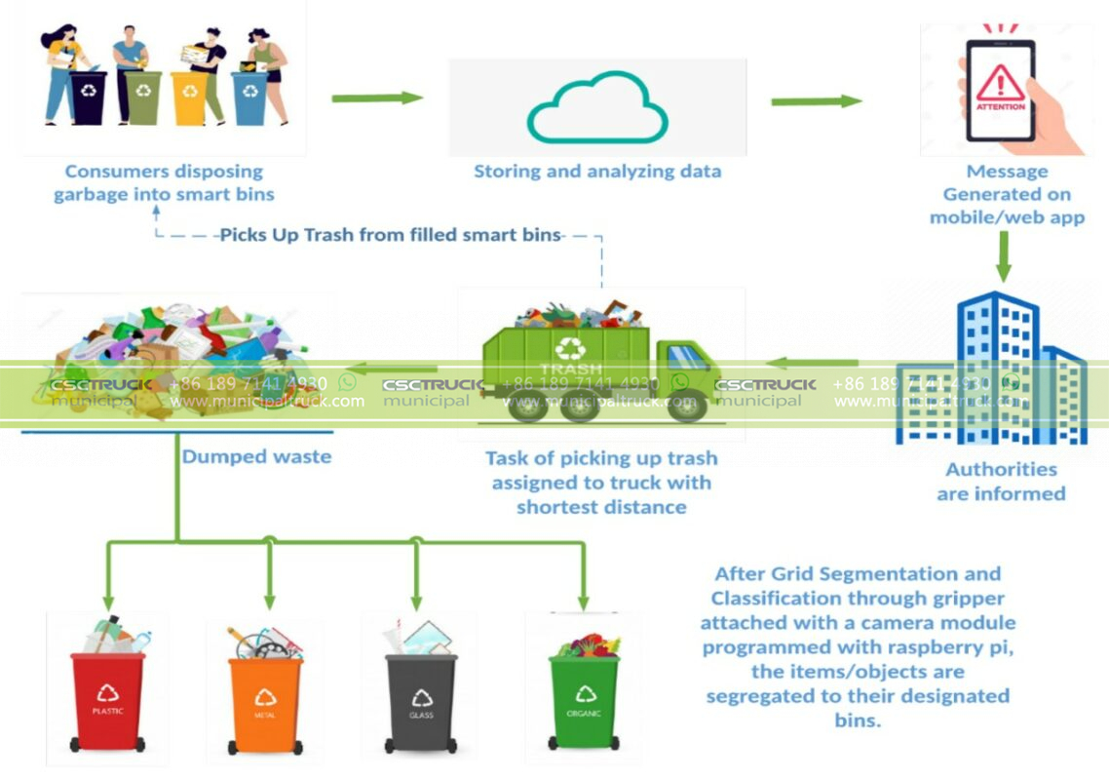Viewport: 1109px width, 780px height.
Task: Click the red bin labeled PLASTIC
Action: pos(107,697)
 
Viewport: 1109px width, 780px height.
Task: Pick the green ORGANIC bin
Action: pos(584,698)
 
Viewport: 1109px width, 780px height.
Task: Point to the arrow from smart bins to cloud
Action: pos(377,97)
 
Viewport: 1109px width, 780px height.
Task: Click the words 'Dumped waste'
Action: pos(256,456)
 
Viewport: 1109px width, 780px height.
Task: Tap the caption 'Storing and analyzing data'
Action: pos(597,172)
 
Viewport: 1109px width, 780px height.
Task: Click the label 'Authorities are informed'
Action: pos(1001,482)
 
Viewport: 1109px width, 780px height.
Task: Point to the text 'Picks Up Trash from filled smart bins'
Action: pos(390,235)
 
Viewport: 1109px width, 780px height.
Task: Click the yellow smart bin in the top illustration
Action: pos(188,97)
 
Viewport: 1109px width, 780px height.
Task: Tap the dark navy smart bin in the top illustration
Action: pos(90,97)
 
